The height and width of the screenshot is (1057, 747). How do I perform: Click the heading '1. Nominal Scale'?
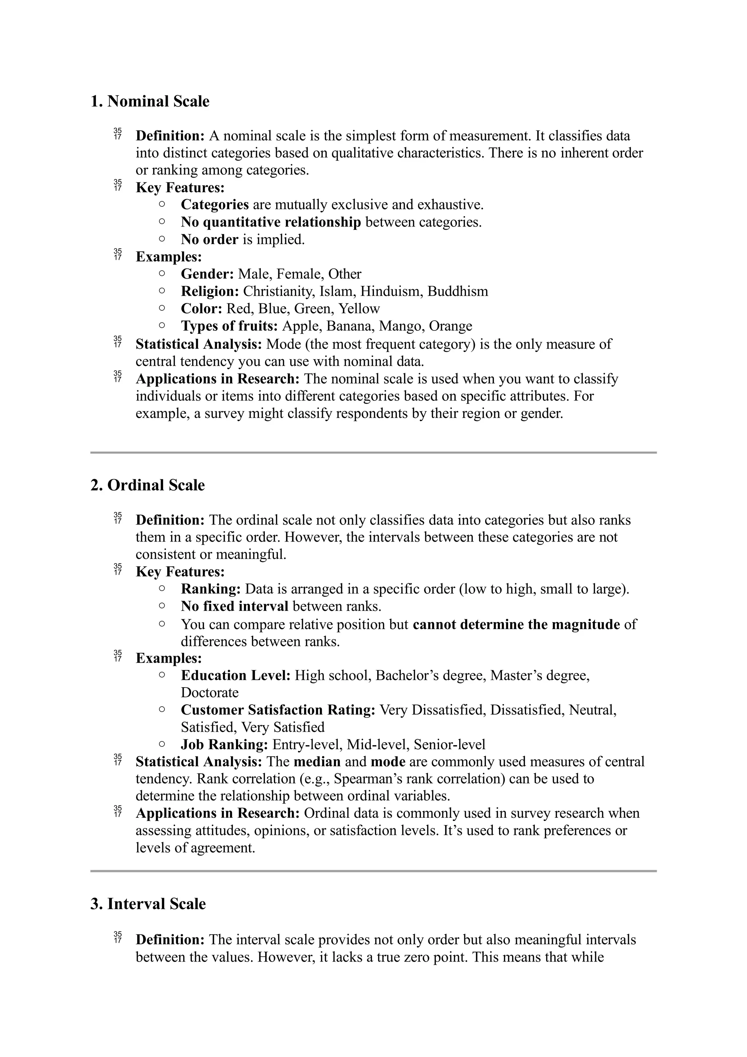point(150,101)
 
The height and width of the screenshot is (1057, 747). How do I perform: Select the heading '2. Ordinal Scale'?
point(148,485)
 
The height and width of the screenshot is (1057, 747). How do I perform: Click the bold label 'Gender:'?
point(207,274)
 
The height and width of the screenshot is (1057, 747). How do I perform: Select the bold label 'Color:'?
point(201,309)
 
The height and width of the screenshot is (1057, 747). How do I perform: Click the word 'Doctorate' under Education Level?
point(209,692)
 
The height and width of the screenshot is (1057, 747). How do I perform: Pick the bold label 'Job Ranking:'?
point(224,744)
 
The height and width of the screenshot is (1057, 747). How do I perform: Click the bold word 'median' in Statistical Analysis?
point(317,762)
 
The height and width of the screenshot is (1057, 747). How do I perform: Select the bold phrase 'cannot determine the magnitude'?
point(516,624)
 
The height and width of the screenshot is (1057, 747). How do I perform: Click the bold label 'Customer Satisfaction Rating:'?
point(278,710)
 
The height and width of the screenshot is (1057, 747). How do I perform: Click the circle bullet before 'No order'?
point(162,239)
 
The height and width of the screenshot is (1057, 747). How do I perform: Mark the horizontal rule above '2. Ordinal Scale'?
point(373,453)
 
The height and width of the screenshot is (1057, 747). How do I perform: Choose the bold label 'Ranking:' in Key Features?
point(211,589)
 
